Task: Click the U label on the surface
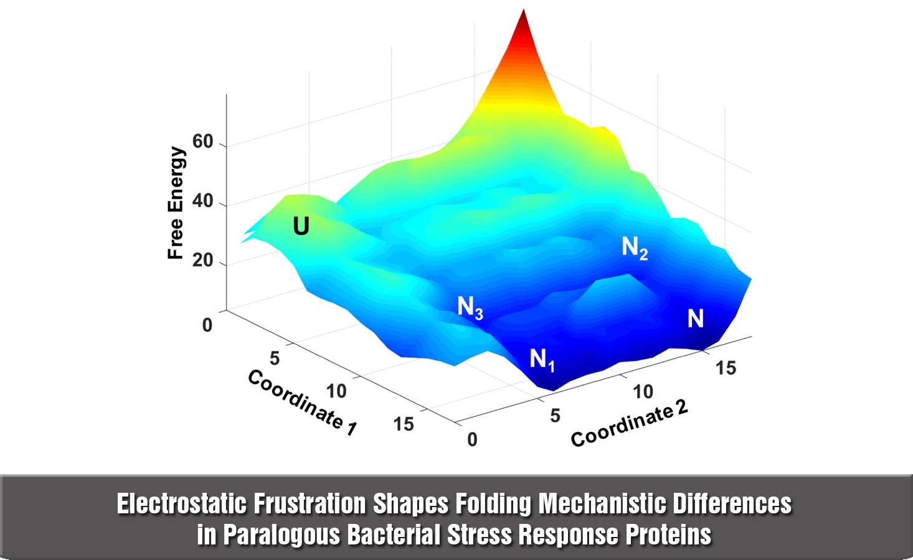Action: pos(301,226)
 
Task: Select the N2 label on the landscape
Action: pos(635,248)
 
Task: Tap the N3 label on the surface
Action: pos(470,307)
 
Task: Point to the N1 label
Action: pos(542,359)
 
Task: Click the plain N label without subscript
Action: pos(696,319)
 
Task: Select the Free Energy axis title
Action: pos(176,203)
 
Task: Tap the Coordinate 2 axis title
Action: pos(629,423)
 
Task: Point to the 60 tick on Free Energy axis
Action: pos(203,142)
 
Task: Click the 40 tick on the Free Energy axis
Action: pos(203,202)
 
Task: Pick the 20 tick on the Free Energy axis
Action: pos(203,261)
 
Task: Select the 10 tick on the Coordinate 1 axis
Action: pos(336,391)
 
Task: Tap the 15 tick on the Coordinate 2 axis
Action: pos(726,368)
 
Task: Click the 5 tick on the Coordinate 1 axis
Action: pos(275,358)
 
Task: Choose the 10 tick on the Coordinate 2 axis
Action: pos(643,391)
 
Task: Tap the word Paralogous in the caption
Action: pos(281,534)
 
